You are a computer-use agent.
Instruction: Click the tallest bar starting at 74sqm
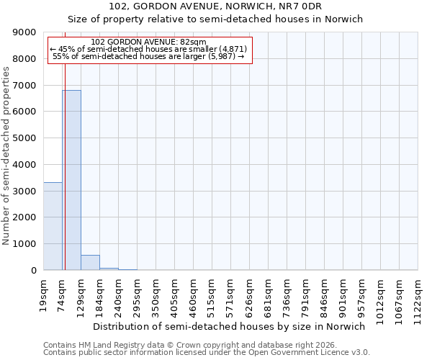click(71, 180)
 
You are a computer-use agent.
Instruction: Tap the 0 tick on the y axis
click(33, 271)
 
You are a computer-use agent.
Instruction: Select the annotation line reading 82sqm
click(150, 42)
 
